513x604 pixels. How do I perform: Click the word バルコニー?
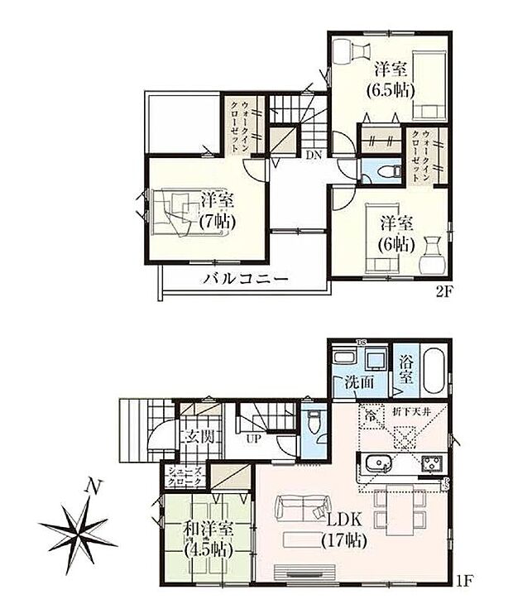[x=247, y=280]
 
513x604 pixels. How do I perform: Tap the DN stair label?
[x=313, y=155]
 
